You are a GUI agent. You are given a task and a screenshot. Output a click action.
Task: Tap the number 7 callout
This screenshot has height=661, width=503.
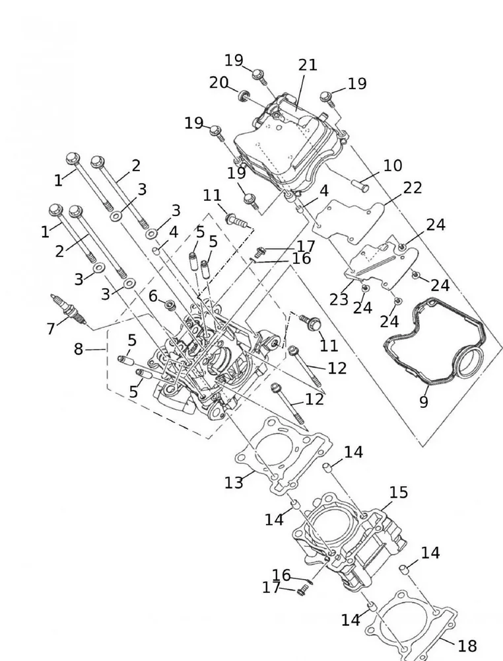50,329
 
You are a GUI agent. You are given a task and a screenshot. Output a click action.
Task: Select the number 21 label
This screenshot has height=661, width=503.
308,65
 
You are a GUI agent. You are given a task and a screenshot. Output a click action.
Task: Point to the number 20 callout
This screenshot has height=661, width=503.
218,83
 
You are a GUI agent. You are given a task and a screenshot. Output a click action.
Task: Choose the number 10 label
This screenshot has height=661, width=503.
392,165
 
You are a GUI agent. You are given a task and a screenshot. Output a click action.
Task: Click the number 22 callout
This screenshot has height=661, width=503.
413,188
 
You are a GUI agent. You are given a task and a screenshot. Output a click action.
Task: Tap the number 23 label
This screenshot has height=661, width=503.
339,299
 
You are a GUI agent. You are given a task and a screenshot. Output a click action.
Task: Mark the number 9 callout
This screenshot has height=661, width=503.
423,401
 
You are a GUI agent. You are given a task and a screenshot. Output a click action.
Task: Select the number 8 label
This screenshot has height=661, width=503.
79,349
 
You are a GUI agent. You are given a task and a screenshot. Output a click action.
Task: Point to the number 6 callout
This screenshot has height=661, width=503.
152,296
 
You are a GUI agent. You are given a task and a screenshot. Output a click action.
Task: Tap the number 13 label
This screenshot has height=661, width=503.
234,483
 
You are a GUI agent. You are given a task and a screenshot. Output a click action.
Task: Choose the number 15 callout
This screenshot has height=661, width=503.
398,492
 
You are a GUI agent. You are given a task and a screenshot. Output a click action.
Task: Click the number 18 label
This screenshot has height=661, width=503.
467,645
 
